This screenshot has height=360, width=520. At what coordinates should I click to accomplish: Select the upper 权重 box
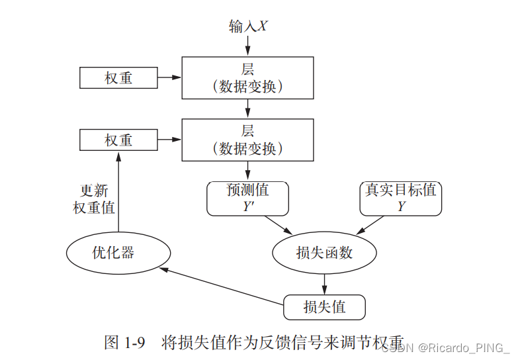point(118,77)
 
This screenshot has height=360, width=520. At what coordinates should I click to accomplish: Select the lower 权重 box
point(118,140)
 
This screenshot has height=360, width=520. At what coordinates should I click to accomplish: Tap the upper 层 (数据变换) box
point(247,77)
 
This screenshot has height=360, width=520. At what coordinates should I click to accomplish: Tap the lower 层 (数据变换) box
point(247,140)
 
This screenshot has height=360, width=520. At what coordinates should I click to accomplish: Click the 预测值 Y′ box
point(247,198)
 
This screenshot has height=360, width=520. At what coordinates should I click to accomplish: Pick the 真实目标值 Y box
point(401,198)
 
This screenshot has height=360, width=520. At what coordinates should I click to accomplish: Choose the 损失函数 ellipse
point(324,253)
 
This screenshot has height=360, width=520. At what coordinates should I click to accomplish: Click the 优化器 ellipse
point(118,253)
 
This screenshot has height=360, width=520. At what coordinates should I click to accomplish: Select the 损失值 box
point(324,307)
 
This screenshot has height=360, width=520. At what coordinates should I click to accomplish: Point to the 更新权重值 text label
point(93,199)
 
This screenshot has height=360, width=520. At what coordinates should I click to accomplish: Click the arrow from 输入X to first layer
point(247,45)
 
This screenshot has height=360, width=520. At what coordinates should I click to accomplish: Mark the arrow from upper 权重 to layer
point(169,77)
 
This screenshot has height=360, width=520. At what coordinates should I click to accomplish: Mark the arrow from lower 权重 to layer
point(169,140)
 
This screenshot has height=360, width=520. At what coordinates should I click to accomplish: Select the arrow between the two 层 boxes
point(247,109)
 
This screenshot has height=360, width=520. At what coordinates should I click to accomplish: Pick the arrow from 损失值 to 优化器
point(222,287)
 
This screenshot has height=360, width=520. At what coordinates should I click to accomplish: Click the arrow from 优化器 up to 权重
point(118,192)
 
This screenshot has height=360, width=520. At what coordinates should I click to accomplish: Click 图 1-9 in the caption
point(126,342)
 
